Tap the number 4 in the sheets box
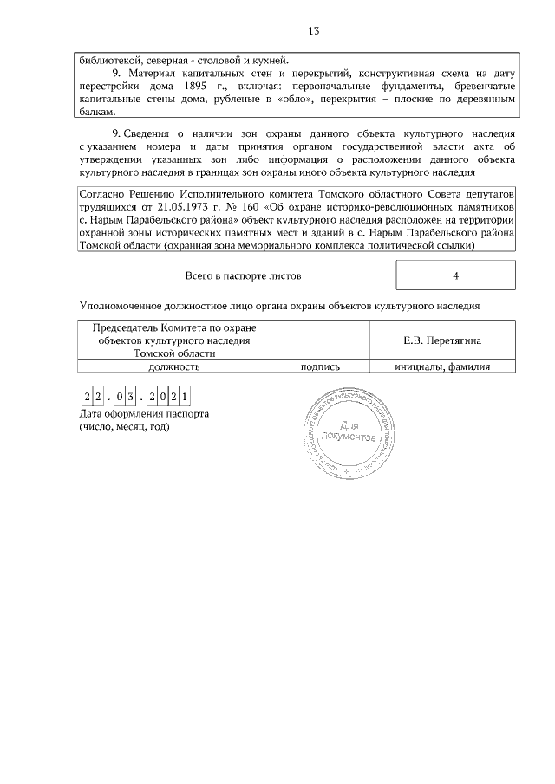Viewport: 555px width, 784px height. coord(455,275)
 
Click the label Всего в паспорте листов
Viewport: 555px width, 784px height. coord(244,275)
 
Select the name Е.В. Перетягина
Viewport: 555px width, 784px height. coord(442,341)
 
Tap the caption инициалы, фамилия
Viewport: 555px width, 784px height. coord(442,366)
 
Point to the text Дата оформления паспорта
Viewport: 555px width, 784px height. coord(143,414)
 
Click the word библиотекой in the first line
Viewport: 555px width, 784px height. coord(110,61)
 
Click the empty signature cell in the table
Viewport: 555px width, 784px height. coord(319,341)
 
